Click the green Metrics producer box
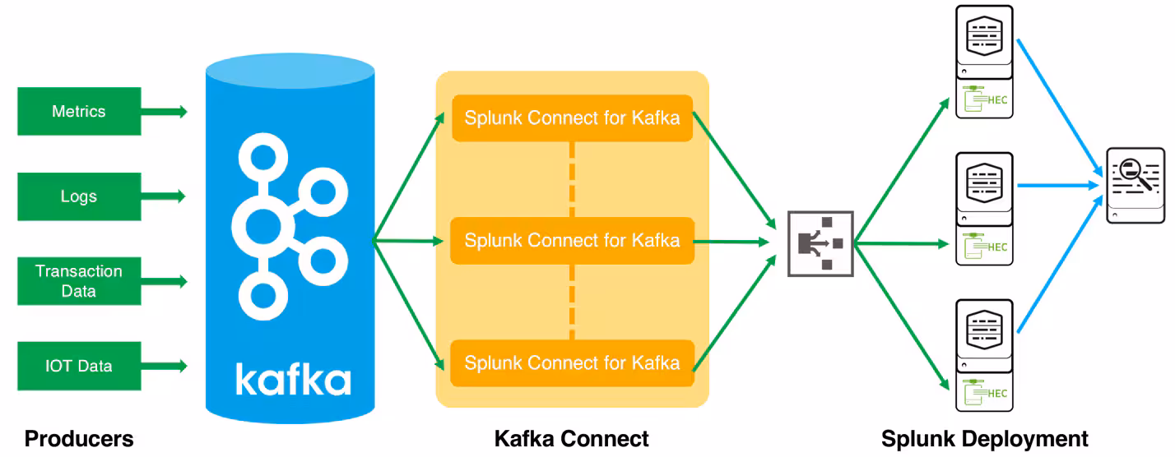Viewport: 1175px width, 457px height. (79, 111)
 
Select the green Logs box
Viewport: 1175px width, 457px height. (79, 196)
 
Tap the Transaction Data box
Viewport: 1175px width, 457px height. (79, 281)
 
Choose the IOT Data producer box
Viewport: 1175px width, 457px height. (79, 366)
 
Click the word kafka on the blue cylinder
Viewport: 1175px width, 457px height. (293, 379)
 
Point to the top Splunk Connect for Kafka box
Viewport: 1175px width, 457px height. (572, 118)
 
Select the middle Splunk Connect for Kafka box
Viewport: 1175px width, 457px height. (572, 241)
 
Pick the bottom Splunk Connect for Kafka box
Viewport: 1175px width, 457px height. (572, 362)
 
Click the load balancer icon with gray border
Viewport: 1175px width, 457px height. (820, 243)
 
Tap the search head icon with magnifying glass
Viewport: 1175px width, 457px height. (1136, 185)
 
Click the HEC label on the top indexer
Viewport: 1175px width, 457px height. (996, 101)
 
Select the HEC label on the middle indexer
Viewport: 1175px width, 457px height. (996, 247)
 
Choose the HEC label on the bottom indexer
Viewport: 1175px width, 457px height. (996, 393)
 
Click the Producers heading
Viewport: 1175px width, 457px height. (79, 439)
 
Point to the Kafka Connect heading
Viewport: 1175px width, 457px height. (571, 439)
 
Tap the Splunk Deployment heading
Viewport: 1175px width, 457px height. (984, 439)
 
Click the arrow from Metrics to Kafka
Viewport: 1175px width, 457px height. (165, 112)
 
